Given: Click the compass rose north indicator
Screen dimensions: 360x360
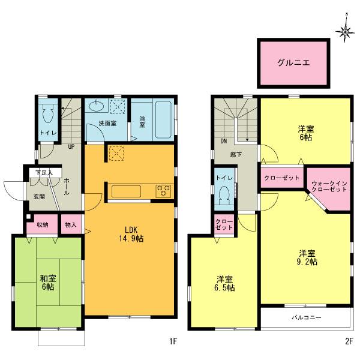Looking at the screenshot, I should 345,31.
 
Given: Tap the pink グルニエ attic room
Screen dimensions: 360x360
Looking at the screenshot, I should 293,62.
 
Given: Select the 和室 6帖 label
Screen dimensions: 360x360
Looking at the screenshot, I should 47,283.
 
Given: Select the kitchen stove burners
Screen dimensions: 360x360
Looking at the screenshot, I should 163,191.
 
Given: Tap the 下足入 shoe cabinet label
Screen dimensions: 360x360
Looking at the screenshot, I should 43,173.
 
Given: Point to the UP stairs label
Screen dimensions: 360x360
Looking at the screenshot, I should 71,146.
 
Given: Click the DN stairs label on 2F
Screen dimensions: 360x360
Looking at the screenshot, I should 223,142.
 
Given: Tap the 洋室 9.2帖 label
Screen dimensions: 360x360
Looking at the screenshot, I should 306,257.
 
